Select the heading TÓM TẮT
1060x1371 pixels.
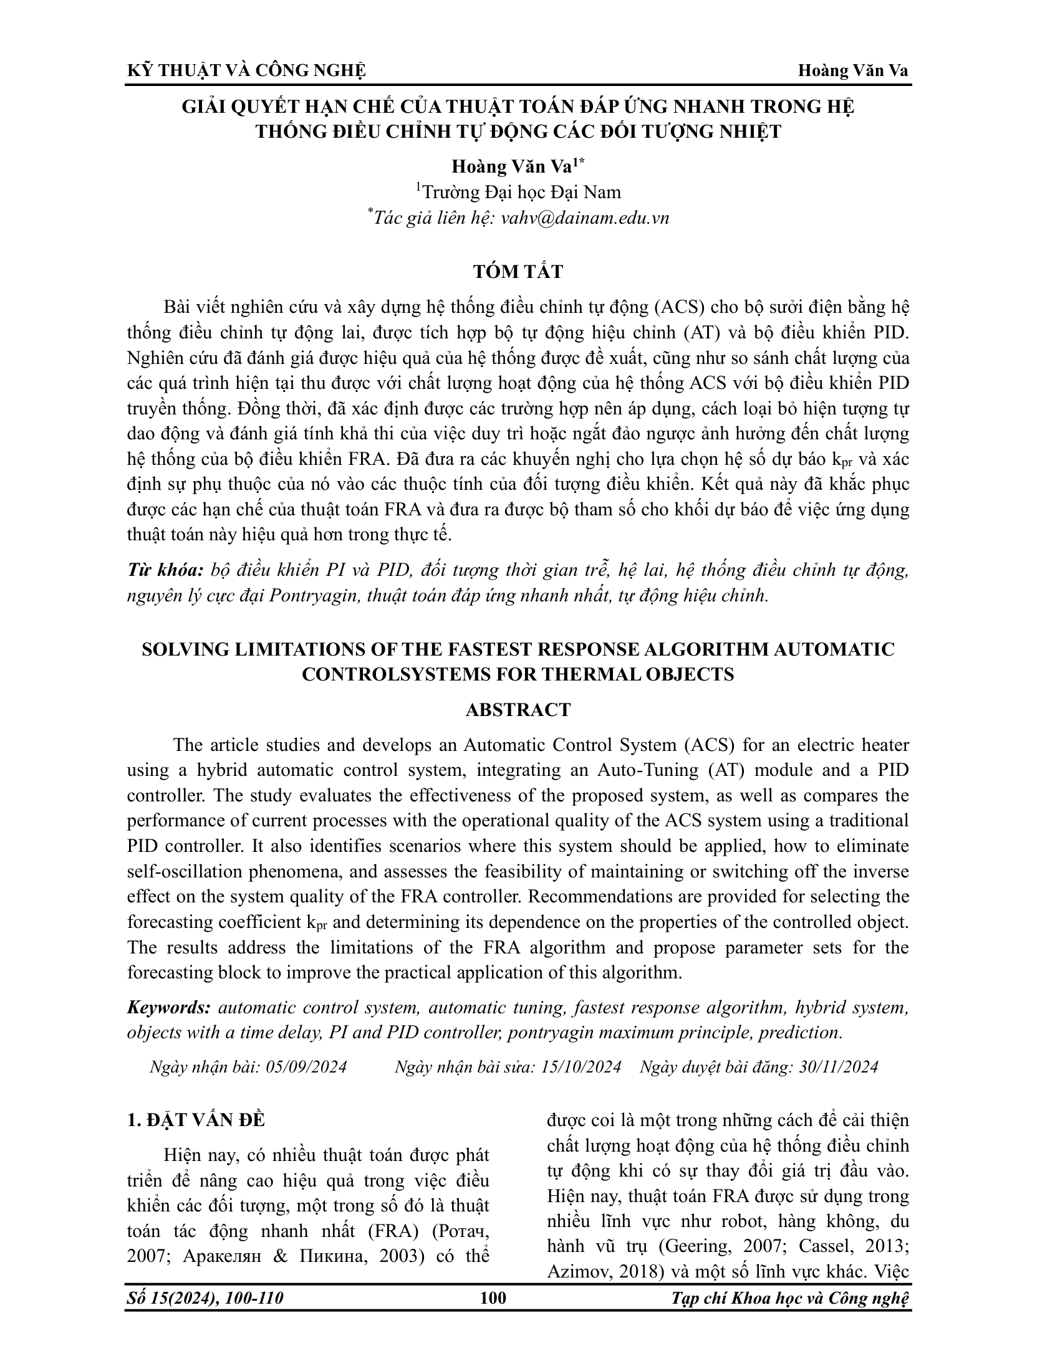[x=518, y=272]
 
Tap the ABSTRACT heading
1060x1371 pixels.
[x=518, y=710]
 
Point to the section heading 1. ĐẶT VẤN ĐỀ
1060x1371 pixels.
[x=196, y=1121]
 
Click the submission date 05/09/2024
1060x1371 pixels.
[x=306, y=1067]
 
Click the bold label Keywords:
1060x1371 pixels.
[x=169, y=1008]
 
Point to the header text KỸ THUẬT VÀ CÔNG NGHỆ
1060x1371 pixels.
[x=246, y=71]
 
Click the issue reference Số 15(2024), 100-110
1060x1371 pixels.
[x=205, y=1297]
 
